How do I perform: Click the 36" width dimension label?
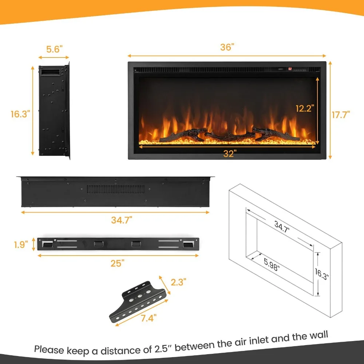[227, 48]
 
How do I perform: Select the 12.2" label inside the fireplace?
[305, 108]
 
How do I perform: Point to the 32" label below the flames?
[228, 154]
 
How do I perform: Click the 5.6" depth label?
[55, 50]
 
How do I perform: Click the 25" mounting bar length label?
[118, 263]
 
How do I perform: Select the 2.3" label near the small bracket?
[178, 282]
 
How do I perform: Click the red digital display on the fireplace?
[290, 68]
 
